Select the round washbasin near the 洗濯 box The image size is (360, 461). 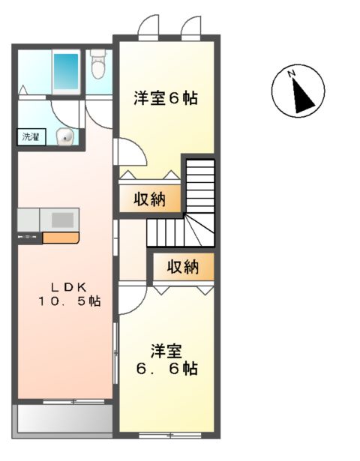[x=67, y=136]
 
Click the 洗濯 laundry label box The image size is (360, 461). [x=31, y=137]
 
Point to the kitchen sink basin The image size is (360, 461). [x=61, y=220]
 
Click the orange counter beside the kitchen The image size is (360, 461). [x=60, y=238]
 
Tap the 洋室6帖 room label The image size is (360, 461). [x=166, y=97]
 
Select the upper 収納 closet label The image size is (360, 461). [x=151, y=199]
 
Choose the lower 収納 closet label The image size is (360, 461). [x=183, y=265]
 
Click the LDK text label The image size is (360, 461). [x=69, y=286]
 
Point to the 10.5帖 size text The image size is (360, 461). [x=70, y=301]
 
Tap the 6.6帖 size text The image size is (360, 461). [x=166, y=368]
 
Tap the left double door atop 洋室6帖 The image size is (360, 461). [x=148, y=26]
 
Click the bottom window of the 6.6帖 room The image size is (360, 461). [x=166, y=434]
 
